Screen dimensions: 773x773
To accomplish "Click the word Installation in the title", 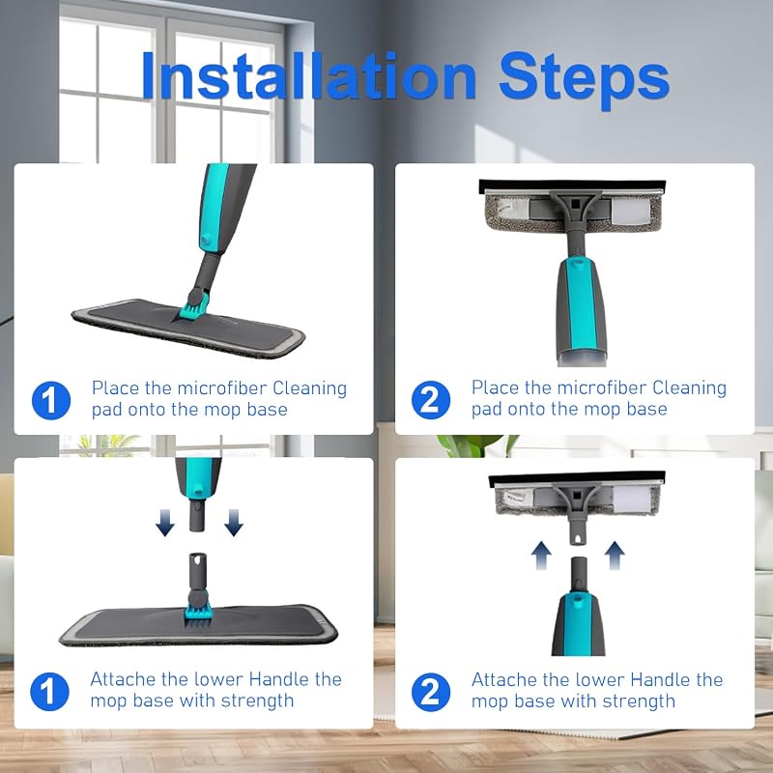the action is point(308,76).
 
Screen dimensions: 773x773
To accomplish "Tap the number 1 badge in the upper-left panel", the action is point(51,400).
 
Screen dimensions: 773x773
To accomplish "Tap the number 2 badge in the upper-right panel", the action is point(430,400).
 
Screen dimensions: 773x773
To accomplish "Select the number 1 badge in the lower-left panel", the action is point(49,691).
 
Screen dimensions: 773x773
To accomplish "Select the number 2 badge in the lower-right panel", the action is point(430,692).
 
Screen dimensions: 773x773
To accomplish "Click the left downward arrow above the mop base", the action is point(165,523).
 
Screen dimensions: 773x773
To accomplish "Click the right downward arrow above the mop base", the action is point(234,523).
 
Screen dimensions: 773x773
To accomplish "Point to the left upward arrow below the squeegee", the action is point(541,556).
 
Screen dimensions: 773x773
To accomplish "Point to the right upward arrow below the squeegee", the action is point(615,556).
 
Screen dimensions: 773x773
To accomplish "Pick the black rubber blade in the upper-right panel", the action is point(572,186).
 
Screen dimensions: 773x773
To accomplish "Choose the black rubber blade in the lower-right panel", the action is point(577,478).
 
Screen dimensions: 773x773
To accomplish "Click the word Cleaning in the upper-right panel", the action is point(689,388).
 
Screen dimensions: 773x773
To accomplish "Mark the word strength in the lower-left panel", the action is point(257,701).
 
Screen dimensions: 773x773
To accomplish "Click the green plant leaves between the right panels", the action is point(474,445).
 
